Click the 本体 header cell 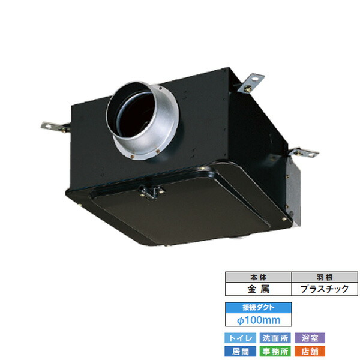tap(257, 277)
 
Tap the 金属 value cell tap(257, 288)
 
